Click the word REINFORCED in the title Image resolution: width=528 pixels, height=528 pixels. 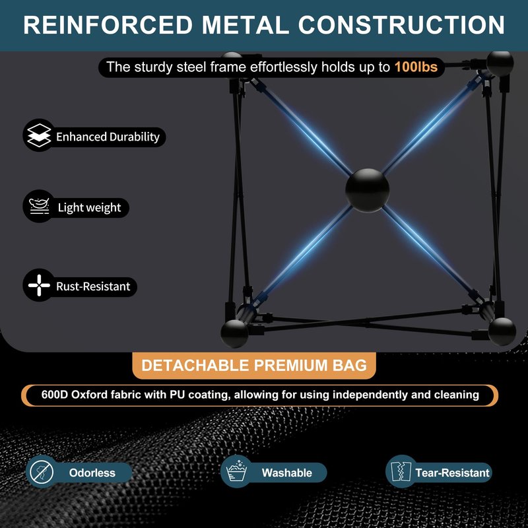point(108,24)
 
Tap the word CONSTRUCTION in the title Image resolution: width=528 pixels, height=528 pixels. point(401,24)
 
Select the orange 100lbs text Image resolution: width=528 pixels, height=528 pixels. point(416,67)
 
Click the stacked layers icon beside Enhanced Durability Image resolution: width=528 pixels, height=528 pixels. point(39,135)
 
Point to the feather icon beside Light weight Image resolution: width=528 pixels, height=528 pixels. point(39,206)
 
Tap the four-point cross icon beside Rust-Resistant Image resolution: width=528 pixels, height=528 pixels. point(39,285)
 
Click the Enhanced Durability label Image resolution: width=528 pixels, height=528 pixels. point(108,137)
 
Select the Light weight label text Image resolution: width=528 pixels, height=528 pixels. point(89,207)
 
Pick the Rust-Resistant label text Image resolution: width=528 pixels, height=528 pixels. point(93,286)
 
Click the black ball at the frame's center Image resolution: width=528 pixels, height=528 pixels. point(367,190)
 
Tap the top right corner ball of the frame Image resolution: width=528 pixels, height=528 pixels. point(500,63)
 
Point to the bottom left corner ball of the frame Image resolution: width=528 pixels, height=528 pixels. point(234,333)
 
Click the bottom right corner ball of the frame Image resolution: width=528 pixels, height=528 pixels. point(502,331)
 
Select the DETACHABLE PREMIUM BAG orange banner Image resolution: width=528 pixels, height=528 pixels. point(254,366)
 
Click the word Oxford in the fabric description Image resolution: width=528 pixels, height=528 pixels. point(89,394)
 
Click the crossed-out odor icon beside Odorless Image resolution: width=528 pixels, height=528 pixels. point(42,472)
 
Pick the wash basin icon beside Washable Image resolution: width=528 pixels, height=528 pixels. point(237,471)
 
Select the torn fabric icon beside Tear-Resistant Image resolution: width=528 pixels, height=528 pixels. point(401,472)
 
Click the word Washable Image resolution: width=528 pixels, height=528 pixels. point(287,473)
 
